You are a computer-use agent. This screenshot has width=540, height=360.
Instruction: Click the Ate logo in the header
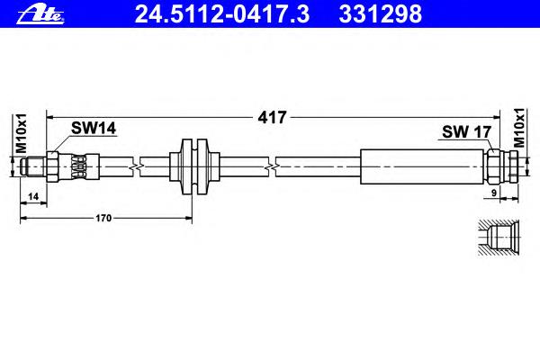point(40,15)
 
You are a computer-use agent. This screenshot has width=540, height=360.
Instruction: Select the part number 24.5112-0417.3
point(222,13)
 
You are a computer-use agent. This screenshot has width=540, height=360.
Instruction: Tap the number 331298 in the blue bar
point(380,13)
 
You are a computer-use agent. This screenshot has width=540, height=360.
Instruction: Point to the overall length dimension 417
point(272,118)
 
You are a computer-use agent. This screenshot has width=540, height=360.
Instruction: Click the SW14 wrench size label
point(94,128)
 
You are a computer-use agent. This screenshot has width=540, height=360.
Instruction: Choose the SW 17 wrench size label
point(466,131)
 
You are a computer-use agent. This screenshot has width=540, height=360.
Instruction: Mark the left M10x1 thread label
point(22,133)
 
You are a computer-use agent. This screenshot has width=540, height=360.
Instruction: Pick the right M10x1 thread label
point(519,128)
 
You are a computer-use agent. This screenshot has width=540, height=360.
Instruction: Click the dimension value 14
point(33,197)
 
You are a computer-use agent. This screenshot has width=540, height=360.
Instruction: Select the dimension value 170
point(103,218)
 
